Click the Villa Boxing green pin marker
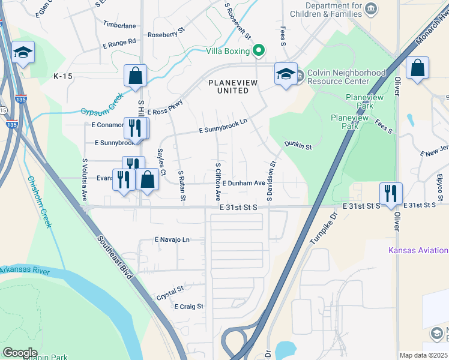[259, 50]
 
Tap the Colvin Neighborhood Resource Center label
[346, 77]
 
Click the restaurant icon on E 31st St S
[390, 193]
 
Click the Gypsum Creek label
[102, 104]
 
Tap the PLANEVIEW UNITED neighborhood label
[228, 86]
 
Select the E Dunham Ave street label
[243, 183]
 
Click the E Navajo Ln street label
[172, 239]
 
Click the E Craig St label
[189, 306]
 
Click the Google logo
[20, 352]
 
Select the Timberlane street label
[119, 26]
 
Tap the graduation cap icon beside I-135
[23, 53]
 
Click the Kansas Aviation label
[418, 250]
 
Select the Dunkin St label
[298, 145]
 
